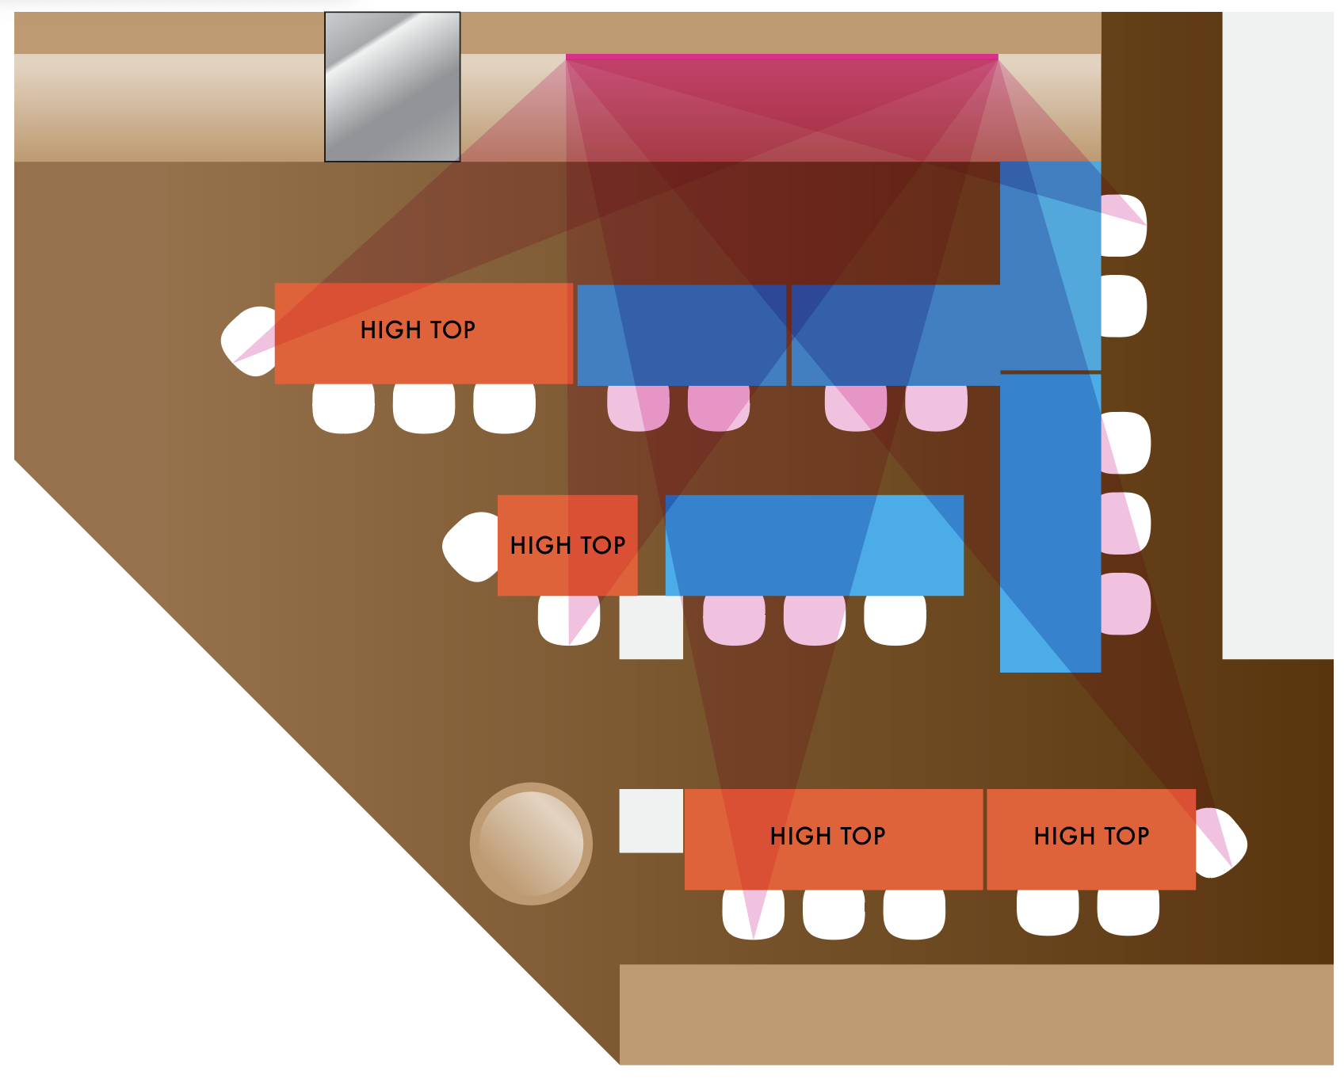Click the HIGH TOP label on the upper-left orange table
pos(418,330)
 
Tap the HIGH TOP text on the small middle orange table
pos(567,545)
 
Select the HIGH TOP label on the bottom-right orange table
pos(1091,836)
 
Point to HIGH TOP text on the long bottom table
pos(827,836)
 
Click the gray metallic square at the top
pos(392,87)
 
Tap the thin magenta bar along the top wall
pos(781,57)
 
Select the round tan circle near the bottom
pos(531,844)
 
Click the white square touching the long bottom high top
pos(651,821)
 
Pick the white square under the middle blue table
pos(651,627)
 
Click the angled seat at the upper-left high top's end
pos(249,341)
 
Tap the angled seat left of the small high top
pos(471,547)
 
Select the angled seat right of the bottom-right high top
pos(1220,843)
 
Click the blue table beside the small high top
pos(815,545)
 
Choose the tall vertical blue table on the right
pos(1050,523)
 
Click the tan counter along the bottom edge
pos(975,1014)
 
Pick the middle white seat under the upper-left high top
pos(424,408)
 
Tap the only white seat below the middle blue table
pos(895,620)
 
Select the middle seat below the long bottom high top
pos(834,913)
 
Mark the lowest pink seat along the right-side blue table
pos(1125,604)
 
